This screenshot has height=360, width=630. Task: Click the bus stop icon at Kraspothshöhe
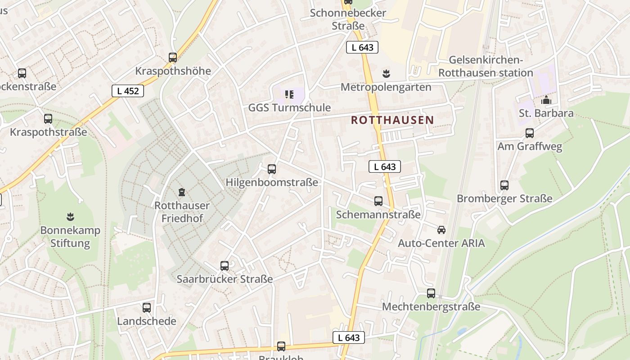(x=173, y=58)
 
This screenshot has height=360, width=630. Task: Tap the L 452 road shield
(x=128, y=91)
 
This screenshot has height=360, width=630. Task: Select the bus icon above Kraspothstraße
(x=48, y=119)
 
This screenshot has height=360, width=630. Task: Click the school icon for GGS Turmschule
(x=289, y=94)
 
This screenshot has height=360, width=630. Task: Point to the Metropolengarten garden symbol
(x=386, y=73)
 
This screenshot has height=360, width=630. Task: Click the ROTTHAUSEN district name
(x=392, y=120)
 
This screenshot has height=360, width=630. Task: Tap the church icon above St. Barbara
(x=546, y=100)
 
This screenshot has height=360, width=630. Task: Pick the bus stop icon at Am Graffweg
(x=530, y=133)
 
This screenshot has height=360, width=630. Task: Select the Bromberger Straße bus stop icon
(x=504, y=185)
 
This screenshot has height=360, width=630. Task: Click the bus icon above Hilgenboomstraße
(x=272, y=169)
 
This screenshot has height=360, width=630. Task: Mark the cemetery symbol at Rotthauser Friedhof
(x=182, y=193)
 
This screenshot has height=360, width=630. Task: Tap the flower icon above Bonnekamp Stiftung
(x=70, y=217)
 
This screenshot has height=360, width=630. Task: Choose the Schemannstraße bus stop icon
(x=378, y=201)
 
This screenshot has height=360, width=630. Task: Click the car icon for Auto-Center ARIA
(x=441, y=230)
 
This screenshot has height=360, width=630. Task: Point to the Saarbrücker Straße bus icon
(x=225, y=266)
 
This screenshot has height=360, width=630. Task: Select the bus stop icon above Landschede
(x=147, y=308)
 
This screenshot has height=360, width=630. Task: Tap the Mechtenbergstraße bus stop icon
(x=431, y=293)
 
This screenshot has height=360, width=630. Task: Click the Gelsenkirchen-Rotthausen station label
(x=486, y=67)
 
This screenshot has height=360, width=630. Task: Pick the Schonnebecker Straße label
(x=348, y=19)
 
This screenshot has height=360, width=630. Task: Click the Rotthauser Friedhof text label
(x=182, y=212)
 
